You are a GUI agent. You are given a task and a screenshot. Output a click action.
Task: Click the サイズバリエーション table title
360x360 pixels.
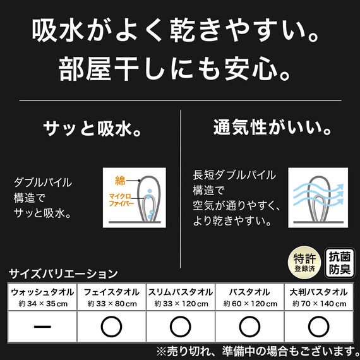coord(64,274)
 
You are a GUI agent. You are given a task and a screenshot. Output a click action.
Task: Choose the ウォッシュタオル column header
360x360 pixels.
coord(42,292)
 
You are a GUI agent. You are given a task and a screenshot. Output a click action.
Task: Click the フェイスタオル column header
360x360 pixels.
coord(111,292)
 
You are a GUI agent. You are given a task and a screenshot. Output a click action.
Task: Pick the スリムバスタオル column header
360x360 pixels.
coord(181,292)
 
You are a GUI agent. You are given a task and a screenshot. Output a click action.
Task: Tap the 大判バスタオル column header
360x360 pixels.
coord(319,292)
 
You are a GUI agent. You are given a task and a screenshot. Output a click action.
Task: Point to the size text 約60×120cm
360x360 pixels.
coord(249,304)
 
